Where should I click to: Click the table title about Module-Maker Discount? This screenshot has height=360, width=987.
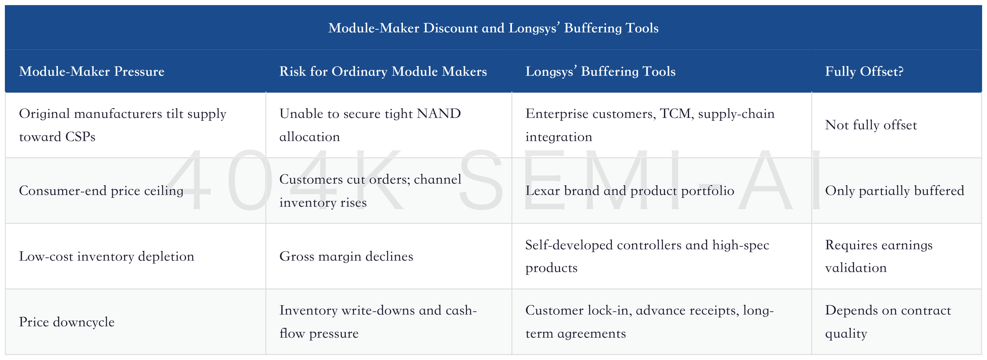493,28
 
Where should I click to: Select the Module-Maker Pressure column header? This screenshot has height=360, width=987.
92,71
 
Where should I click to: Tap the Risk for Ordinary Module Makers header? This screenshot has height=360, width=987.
383,71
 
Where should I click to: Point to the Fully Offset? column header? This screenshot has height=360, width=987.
864,71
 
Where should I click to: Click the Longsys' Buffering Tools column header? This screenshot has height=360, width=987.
600,71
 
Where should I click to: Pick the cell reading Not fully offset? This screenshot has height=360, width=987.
871,125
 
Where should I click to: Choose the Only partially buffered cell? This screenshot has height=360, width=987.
895,191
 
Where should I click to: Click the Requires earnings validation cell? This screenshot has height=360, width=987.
879,256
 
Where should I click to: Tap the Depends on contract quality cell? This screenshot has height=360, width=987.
888,321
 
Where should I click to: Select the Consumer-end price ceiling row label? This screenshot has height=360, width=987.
101,191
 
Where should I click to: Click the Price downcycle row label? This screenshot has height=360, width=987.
67,322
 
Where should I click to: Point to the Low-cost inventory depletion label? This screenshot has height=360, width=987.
107,256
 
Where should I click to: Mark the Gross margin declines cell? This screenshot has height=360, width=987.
346,256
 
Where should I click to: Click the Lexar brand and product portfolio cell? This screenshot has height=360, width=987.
629,191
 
